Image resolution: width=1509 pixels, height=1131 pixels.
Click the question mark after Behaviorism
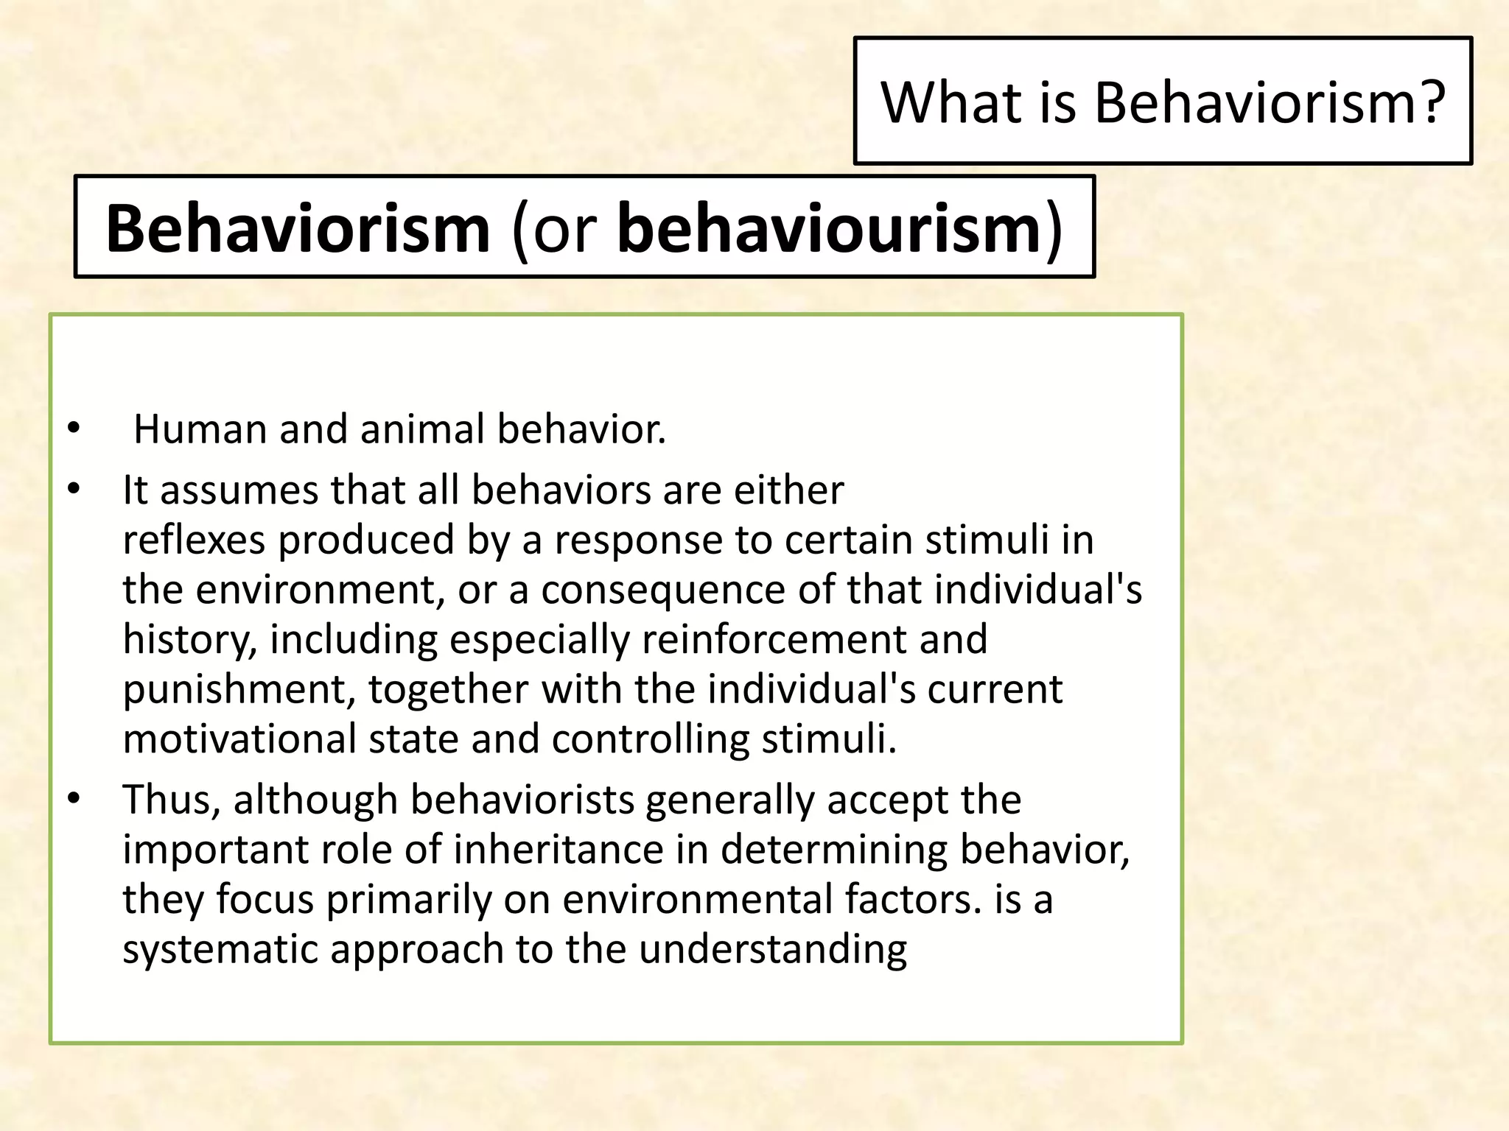[x=1431, y=102]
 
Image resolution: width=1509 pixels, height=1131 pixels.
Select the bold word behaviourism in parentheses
[x=828, y=228]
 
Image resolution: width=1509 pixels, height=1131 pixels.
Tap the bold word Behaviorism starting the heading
[x=298, y=228]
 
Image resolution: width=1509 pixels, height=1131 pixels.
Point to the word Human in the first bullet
[x=200, y=429]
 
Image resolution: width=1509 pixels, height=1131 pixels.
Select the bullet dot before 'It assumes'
[x=72, y=490]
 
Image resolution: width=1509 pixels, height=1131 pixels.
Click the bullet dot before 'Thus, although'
[x=72, y=800]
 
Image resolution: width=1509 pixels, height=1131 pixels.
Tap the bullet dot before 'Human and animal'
[x=72, y=429]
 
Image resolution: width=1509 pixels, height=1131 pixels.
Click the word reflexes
[x=193, y=540]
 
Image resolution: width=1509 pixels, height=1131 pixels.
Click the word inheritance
[x=558, y=850]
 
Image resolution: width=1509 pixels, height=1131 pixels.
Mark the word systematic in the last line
[x=220, y=949]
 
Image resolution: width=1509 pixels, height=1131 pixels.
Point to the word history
[x=189, y=639]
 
